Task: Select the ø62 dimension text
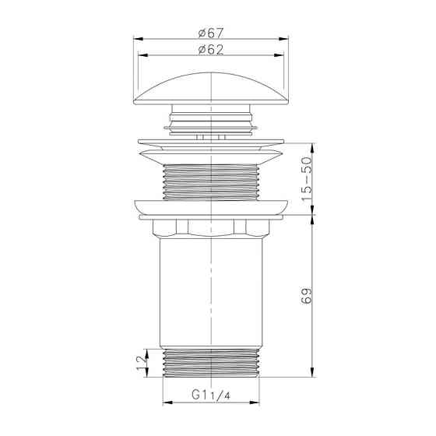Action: coord(212,49)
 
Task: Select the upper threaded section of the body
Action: coord(212,183)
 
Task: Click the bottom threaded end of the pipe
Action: coord(212,361)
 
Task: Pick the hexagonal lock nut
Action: coord(212,228)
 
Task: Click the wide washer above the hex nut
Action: coord(212,208)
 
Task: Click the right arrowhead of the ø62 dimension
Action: coord(283,55)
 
